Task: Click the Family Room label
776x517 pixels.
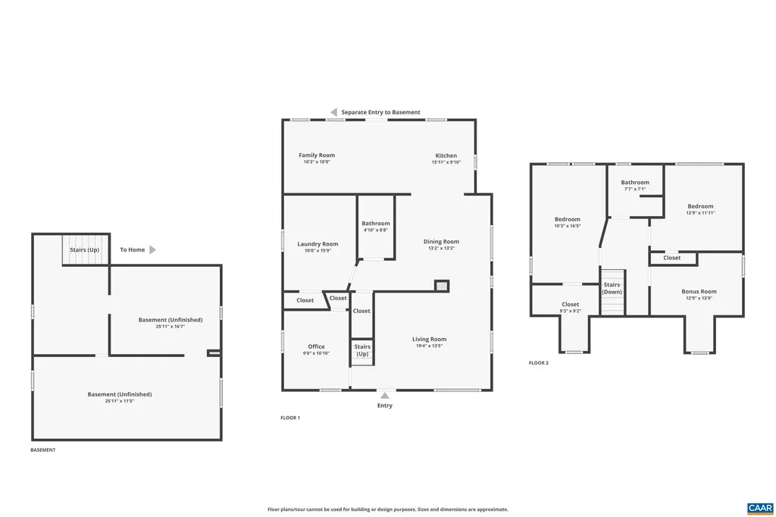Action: click(x=316, y=155)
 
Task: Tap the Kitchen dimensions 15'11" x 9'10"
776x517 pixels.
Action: click(x=446, y=162)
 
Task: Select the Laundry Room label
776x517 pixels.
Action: click(x=318, y=244)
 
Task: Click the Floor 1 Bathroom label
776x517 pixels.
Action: click(x=375, y=224)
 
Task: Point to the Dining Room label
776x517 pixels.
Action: click(x=441, y=242)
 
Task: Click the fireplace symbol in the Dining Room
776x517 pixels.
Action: click(x=442, y=286)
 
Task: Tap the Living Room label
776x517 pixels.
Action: click(x=429, y=340)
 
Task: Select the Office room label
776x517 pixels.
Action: click(x=316, y=347)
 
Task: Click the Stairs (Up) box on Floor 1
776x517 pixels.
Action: click(x=362, y=350)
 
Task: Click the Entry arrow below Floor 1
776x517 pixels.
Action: click(x=385, y=394)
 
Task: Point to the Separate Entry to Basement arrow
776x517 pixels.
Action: click(x=333, y=112)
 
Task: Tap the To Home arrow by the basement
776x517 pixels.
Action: click(x=152, y=249)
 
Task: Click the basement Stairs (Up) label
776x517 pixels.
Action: click(x=84, y=249)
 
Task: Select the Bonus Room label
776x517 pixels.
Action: click(x=698, y=292)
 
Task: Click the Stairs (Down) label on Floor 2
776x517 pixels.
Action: click(x=612, y=288)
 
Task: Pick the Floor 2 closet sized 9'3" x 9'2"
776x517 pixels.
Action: click(x=570, y=307)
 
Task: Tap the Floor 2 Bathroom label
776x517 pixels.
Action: click(x=635, y=183)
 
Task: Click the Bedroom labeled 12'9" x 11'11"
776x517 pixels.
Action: click(x=700, y=209)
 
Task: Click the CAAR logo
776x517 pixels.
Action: click(x=759, y=507)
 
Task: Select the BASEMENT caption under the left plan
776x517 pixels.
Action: click(x=42, y=450)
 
